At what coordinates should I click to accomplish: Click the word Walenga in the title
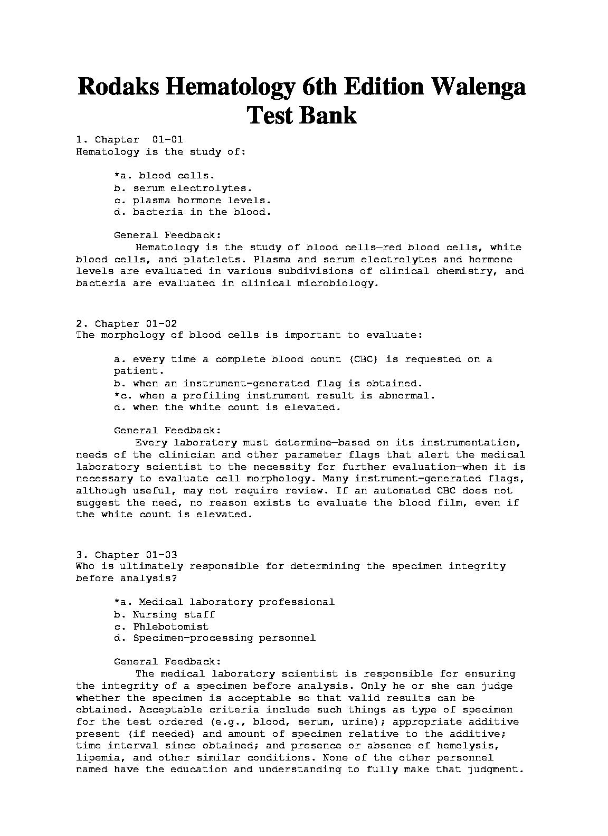pos(478,87)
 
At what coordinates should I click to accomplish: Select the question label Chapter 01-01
pos(139,140)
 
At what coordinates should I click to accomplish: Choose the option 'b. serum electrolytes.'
pos(183,188)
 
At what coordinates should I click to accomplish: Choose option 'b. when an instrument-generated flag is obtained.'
pos(268,384)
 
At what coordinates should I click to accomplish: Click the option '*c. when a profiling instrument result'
pos(274,395)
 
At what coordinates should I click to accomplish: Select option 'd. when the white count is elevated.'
pos(227,407)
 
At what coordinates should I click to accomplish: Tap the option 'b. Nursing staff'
pos(165,614)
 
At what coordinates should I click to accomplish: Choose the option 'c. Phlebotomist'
pos(161,626)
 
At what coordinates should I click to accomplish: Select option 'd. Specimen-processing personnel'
pos(215,638)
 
